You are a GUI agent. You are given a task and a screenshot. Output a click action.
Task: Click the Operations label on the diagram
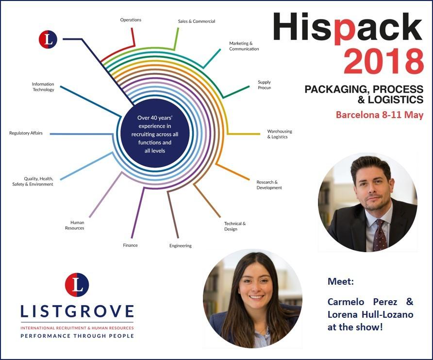pyautogui.click(x=131, y=20)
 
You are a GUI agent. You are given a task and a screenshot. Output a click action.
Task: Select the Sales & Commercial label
pyautogui.click(x=196, y=21)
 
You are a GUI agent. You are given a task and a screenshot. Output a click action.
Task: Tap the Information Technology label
pyautogui.click(x=43, y=87)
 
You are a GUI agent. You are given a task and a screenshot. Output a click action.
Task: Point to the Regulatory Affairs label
pyautogui.click(x=26, y=133)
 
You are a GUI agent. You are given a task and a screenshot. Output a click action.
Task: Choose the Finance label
pyautogui.click(x=131, y=245)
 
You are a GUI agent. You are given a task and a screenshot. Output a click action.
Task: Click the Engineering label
pyautogui.click(x=180, y=246)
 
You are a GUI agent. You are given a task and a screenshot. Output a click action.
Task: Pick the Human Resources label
pyautogui.click(x=75, y=225)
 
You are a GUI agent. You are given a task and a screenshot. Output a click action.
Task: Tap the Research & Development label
pyautogui.click(x=269, y=185)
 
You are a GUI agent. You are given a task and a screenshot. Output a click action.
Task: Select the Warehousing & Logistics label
pyautogui.click(x=280, y=134)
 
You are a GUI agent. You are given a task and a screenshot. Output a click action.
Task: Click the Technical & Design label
pyautogui.click(x=235, y=226)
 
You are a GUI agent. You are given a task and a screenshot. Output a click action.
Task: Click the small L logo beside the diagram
pyautogui.click(x=48, y=39)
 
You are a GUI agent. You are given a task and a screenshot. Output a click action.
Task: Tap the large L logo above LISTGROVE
pyautogui.click(x=77, y=285)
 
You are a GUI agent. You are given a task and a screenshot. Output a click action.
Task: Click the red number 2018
pyautogui.click(x=383, y=61)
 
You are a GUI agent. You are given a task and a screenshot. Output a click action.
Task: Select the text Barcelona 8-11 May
pyautogui.click(x=380, y=115)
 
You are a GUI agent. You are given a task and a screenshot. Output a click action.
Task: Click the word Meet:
pyautogui.click(x=340, y=281)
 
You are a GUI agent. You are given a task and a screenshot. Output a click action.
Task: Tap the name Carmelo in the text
pyautogui.click(x=346, y=302)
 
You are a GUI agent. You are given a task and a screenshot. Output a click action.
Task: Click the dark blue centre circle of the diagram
pyautogui.click(x=155, y=133)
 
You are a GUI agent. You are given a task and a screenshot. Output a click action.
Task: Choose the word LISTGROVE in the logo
pyautogui.click(x=77, y=311)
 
